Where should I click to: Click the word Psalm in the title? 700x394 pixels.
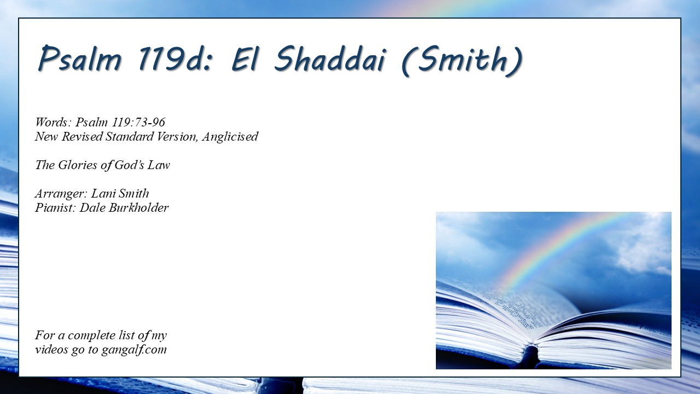(x=80, y=59)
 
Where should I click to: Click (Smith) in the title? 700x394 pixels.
(x=462, y=60)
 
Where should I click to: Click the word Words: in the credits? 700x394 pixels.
(x=54, y=122)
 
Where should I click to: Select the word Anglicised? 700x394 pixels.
(x=230, y=137)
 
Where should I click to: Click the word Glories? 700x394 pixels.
(x=78, y=165)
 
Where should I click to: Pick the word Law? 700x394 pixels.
(x=159, y=165)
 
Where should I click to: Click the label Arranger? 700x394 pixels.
(x=61, y=194)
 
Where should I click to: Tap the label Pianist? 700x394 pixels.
(x=55, y=208)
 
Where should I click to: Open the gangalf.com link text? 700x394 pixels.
(x=135, y=350)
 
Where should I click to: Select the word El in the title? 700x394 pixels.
(x=244, y=59)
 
